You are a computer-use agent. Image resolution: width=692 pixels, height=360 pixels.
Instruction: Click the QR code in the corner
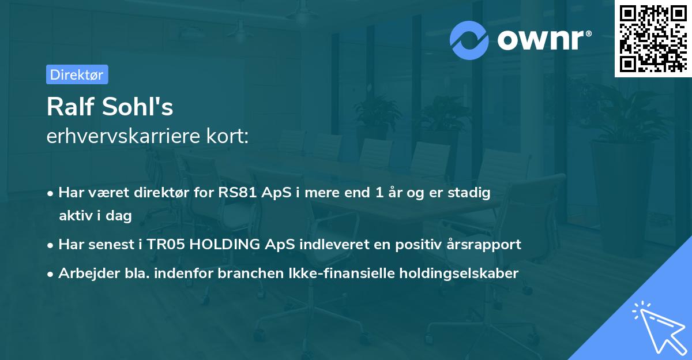tap(653, 39)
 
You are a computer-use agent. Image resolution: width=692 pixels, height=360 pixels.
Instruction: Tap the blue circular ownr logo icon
tap(469, 40)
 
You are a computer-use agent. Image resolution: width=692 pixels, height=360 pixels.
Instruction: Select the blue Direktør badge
tap(77, 74)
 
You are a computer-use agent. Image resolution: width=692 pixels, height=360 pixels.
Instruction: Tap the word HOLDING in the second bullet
tap(224, 244)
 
